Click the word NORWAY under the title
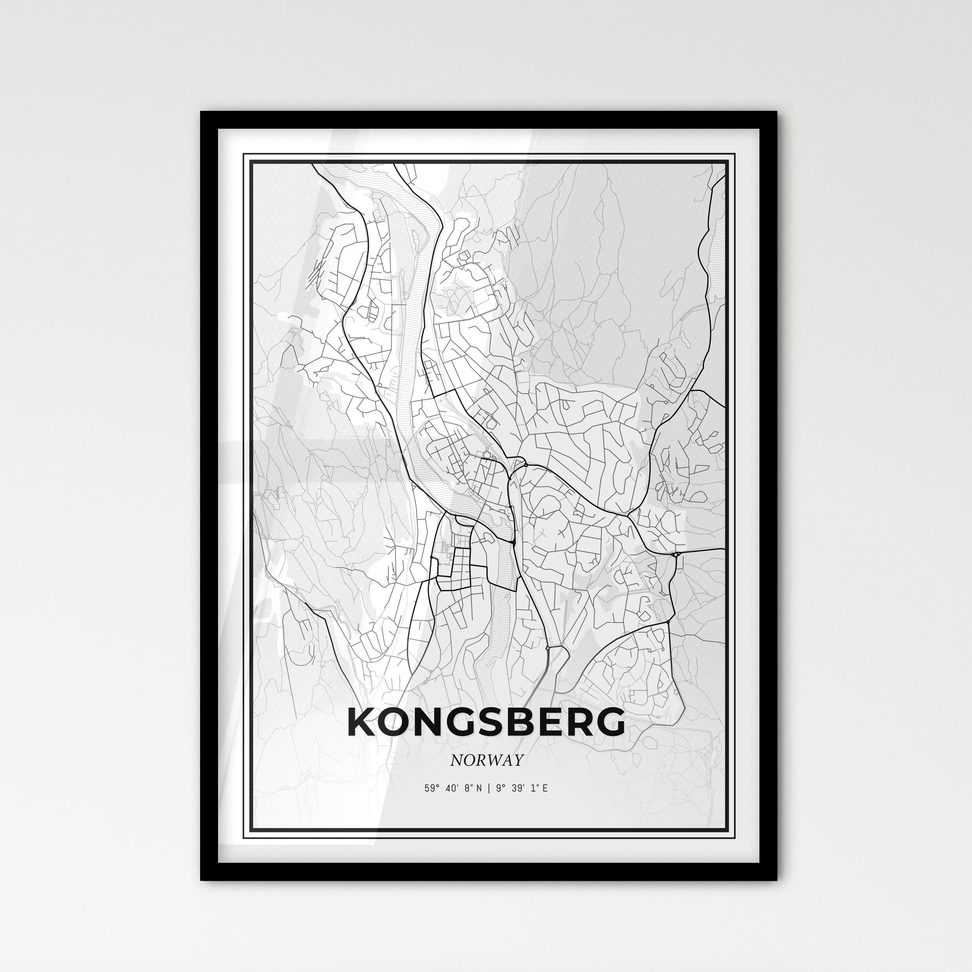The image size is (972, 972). coord(486,760)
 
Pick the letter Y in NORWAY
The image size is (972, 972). coord(518,760)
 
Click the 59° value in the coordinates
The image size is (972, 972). coord(429,788)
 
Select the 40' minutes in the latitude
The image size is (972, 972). coord(449,788)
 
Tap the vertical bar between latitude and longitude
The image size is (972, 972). coord(486,788)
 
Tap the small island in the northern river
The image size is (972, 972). coord(415,239)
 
